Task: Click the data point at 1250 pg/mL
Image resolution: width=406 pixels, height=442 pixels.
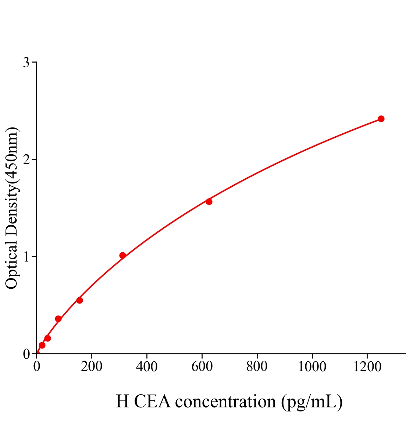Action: click(381, 119)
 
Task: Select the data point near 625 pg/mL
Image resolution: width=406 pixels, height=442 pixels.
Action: click(209, 201)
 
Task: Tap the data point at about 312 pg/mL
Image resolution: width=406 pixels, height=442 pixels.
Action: click(122, 255)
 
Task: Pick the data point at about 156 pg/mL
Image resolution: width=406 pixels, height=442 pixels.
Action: click(79, 300)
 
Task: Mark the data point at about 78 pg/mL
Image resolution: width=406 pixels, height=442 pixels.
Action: click(58, 319)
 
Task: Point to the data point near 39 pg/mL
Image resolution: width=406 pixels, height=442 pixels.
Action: click(47, 338)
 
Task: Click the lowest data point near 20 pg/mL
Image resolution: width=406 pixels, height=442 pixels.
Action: click(42, 345)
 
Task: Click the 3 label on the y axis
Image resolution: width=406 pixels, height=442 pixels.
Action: click(26, 63)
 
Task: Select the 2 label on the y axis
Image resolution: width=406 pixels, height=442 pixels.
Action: click(26, 159)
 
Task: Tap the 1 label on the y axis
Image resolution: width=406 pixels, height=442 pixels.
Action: click(26, 257)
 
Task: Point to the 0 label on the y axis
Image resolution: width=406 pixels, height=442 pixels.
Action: click(26, 354)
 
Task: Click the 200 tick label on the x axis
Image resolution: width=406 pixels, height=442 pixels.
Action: click(92, 367)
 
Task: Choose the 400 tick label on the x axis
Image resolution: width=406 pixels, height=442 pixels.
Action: click(147, 367)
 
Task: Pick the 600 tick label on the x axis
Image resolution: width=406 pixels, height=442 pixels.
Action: click(202, 367)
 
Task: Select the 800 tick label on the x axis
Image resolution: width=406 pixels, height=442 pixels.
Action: click(257, 367)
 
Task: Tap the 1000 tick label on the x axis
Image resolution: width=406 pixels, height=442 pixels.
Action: click(312, 367)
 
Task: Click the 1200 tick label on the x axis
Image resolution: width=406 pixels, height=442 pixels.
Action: click(367, 367)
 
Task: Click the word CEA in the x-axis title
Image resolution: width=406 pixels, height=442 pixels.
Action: click(152, 401)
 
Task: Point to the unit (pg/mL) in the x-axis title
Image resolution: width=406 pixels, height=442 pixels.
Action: click(312, 402)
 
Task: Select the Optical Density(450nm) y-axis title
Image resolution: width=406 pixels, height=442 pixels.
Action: click(12, 208)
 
